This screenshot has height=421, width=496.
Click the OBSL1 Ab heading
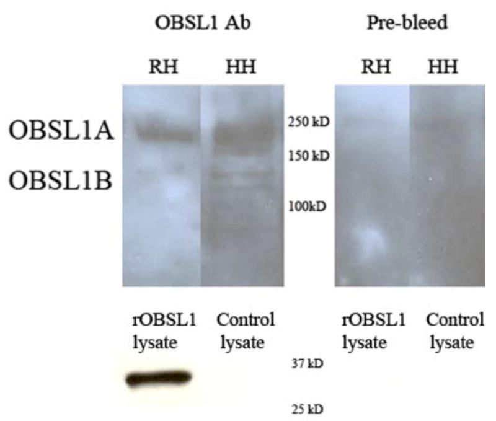[x=203, y=23]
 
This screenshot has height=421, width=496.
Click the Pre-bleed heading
[x=407, y=23]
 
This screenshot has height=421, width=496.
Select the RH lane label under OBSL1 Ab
[x=164, y=67]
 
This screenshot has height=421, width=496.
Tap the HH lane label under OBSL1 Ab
[x=241, y=67]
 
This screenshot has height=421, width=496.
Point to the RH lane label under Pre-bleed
[x=376, y=67]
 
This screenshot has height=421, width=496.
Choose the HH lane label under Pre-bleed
[x=443, y=67]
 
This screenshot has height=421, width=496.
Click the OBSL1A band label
[x=61, y=130]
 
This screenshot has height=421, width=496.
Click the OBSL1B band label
[x=60, y=180]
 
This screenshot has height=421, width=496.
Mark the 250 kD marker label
[x=308, y=122]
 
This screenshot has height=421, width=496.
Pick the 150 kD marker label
[x=309, y=156]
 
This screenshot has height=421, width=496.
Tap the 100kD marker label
[x=307, y=206]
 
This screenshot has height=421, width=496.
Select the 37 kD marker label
[x=307, y=364]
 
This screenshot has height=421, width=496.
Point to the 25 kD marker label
[x=307, y=409]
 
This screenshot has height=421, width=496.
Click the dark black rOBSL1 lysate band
[x=159, y=378]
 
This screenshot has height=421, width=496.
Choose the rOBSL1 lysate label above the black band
[x=164, y=331]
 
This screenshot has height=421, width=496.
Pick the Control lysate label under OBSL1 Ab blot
[x=245, y=331]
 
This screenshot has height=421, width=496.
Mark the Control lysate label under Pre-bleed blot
[x=455, y=331]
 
